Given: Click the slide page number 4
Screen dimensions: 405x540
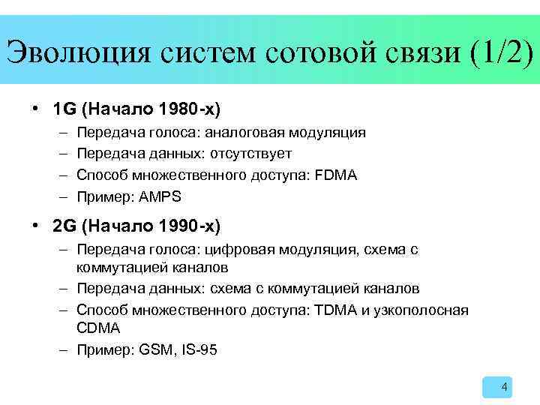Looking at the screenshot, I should pyautogui.click(x=504, y=388).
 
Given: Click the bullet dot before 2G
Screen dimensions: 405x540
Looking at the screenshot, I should pyautogui.click(x=37, y=225).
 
